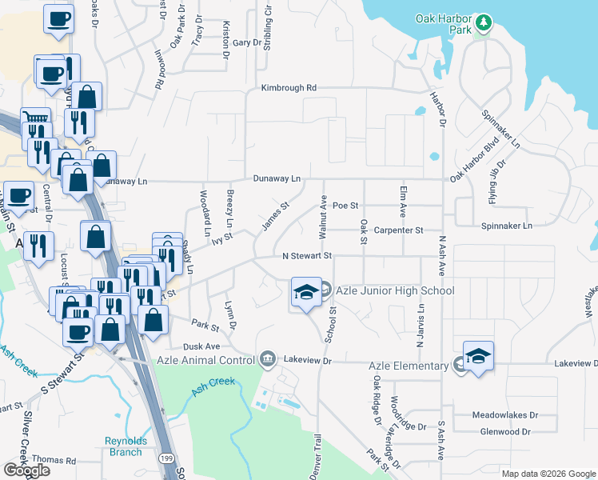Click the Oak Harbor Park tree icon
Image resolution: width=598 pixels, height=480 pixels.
[x=482, y=24]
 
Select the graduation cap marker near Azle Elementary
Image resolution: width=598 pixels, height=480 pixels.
[x=478, y=356]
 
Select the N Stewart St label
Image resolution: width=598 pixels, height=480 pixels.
[x=307, y=256]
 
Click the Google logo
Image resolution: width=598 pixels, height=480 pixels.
[x=26, y=470]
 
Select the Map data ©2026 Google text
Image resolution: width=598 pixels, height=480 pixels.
[x=548, y=473]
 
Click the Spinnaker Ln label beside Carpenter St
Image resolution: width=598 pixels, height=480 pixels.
[x=506, y=226]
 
